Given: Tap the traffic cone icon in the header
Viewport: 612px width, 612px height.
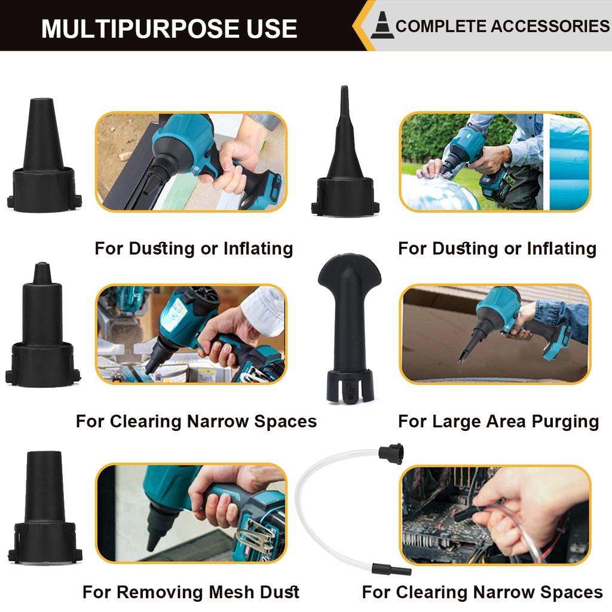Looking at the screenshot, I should click(x=382, y=25).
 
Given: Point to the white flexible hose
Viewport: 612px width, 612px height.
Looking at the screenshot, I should click(x=323, y=508).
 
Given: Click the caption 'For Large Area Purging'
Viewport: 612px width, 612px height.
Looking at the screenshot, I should click(x=498, y=421).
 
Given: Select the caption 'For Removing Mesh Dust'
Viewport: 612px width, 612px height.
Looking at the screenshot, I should click(x=191, y=592).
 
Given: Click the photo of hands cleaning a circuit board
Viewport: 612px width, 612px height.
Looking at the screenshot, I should click(x=495, y=515).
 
